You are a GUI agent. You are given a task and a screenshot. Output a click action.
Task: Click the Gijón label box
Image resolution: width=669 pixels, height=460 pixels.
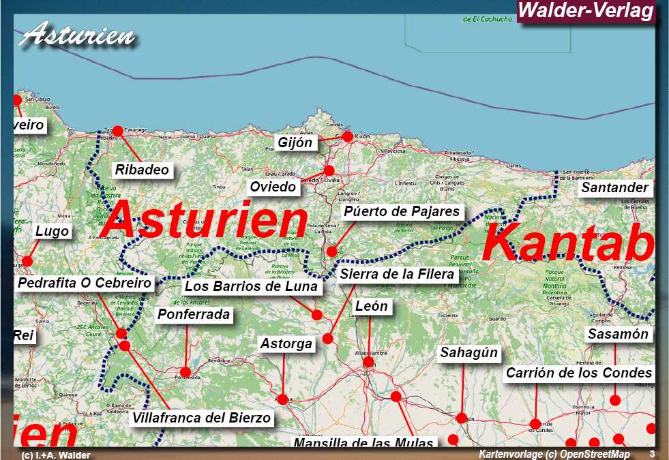point(295,142)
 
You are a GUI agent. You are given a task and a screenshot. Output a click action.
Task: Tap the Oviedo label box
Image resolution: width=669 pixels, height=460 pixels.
point(273,187)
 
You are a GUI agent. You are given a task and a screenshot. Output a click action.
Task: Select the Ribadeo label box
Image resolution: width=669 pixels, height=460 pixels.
point(142,170)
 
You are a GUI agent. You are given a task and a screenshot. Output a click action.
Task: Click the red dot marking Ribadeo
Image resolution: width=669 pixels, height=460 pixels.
point(117,131)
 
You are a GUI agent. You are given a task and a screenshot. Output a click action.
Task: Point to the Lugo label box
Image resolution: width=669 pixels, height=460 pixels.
point(53,231)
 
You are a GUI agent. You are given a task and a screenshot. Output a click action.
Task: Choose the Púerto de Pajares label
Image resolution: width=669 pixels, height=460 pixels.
point(402,211)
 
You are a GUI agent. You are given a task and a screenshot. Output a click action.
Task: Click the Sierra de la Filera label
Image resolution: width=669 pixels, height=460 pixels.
point(397,274)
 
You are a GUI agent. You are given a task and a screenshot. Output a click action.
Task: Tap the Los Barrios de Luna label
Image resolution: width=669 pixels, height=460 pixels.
point(251,286)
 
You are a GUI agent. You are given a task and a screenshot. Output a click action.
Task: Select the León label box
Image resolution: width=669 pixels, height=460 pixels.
point(371,306)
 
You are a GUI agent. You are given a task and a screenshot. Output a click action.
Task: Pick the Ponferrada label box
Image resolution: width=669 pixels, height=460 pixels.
point(194,315)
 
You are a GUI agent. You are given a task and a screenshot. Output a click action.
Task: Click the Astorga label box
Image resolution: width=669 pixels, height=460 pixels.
point(286,343)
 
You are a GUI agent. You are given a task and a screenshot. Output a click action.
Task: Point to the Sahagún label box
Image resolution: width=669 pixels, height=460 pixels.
point(469,353)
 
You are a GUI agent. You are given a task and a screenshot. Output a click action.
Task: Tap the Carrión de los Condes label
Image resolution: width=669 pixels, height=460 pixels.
point(579,373)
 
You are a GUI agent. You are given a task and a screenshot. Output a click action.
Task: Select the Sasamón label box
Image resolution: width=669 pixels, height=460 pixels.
point(618,334)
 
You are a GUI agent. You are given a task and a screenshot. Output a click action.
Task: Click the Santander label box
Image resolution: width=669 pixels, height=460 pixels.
point(614,187)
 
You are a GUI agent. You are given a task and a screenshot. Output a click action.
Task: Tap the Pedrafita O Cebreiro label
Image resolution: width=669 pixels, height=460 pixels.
point(85,283)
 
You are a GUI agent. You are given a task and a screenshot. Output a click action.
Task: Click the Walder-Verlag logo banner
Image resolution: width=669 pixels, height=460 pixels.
point(586,12)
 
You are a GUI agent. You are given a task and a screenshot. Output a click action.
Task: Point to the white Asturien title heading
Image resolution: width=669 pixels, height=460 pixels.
point(76,34)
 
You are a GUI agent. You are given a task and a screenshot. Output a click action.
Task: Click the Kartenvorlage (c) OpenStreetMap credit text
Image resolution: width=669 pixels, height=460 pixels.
point(554,454)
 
